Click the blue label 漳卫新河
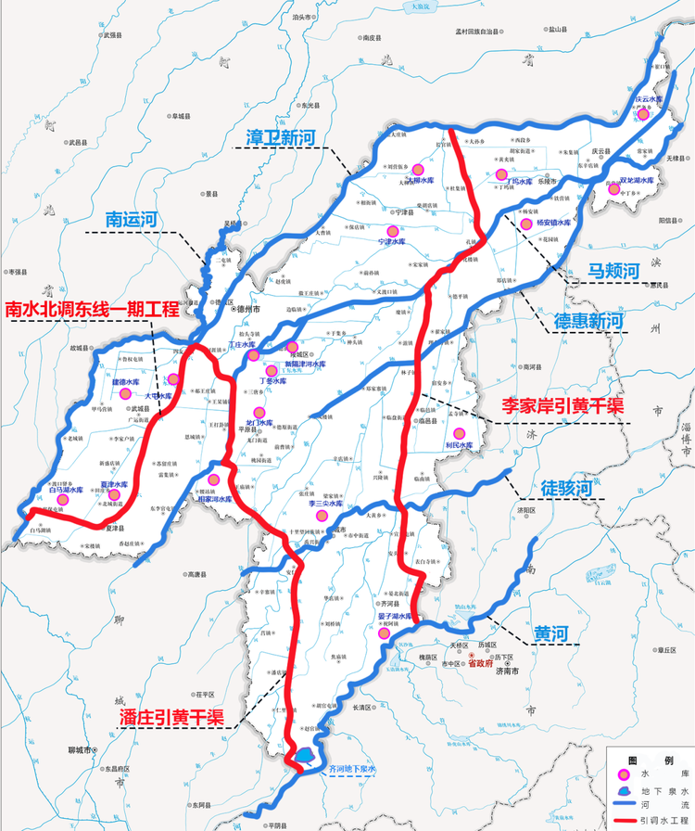(x=281, y=138)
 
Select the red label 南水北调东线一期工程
(x=92, y=310)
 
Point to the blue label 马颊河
(x=614, y=271)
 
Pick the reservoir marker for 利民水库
(x=458, y=433)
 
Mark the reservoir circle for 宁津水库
(x=393, y=229)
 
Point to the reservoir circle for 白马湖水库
(x=63, y=499)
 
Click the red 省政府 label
(x=482, y=664)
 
